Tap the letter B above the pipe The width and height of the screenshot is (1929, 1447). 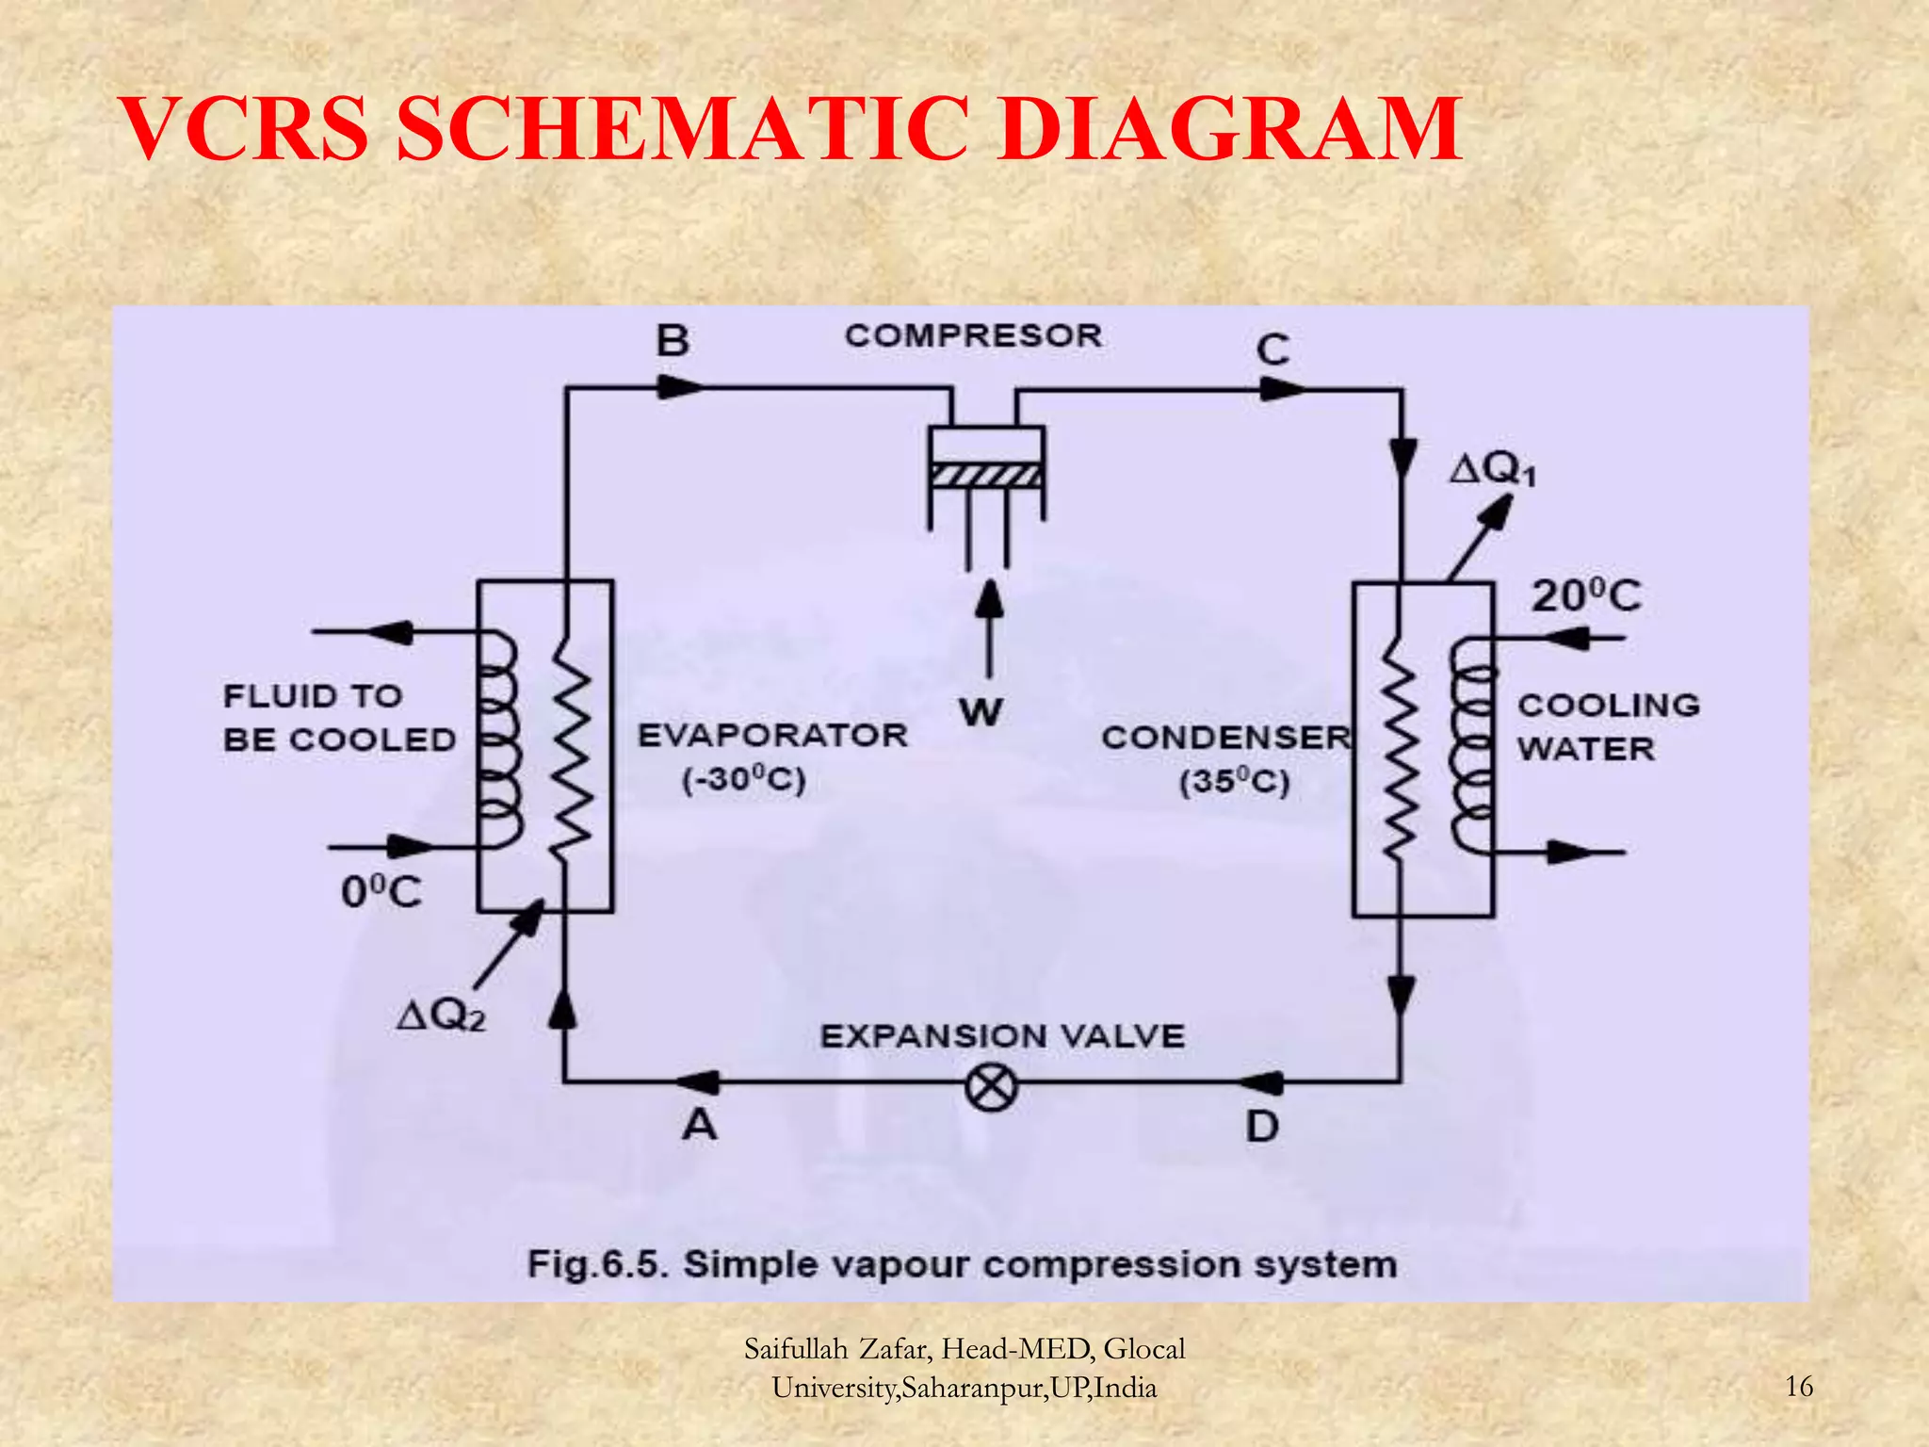[673, 340]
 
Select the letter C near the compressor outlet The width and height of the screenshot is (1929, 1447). [1272, 350]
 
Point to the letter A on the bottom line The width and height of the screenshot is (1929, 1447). [699, 1124]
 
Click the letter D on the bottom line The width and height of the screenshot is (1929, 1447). [1262, 1127]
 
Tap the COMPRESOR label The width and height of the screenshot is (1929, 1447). [973, 335]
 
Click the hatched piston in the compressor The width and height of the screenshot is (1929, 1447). [986, 477]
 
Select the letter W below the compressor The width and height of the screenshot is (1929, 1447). [981, 713]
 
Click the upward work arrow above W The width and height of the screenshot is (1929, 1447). [989, 626]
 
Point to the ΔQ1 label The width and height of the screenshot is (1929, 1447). [1492, 469]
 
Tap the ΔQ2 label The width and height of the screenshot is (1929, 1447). [441, 1016]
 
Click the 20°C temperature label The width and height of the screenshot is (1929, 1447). [1586, 596]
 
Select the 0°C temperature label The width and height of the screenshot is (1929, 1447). [381, 892]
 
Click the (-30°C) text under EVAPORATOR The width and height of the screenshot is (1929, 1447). [744, 781]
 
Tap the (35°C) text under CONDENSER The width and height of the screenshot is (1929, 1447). [1234, 783]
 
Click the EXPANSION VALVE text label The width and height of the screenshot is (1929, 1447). [1002, 1036]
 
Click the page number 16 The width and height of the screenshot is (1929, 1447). [1799, 1387]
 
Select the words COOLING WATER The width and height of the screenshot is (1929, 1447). [1607, 726]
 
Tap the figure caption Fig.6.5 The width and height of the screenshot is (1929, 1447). [597, 1264]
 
